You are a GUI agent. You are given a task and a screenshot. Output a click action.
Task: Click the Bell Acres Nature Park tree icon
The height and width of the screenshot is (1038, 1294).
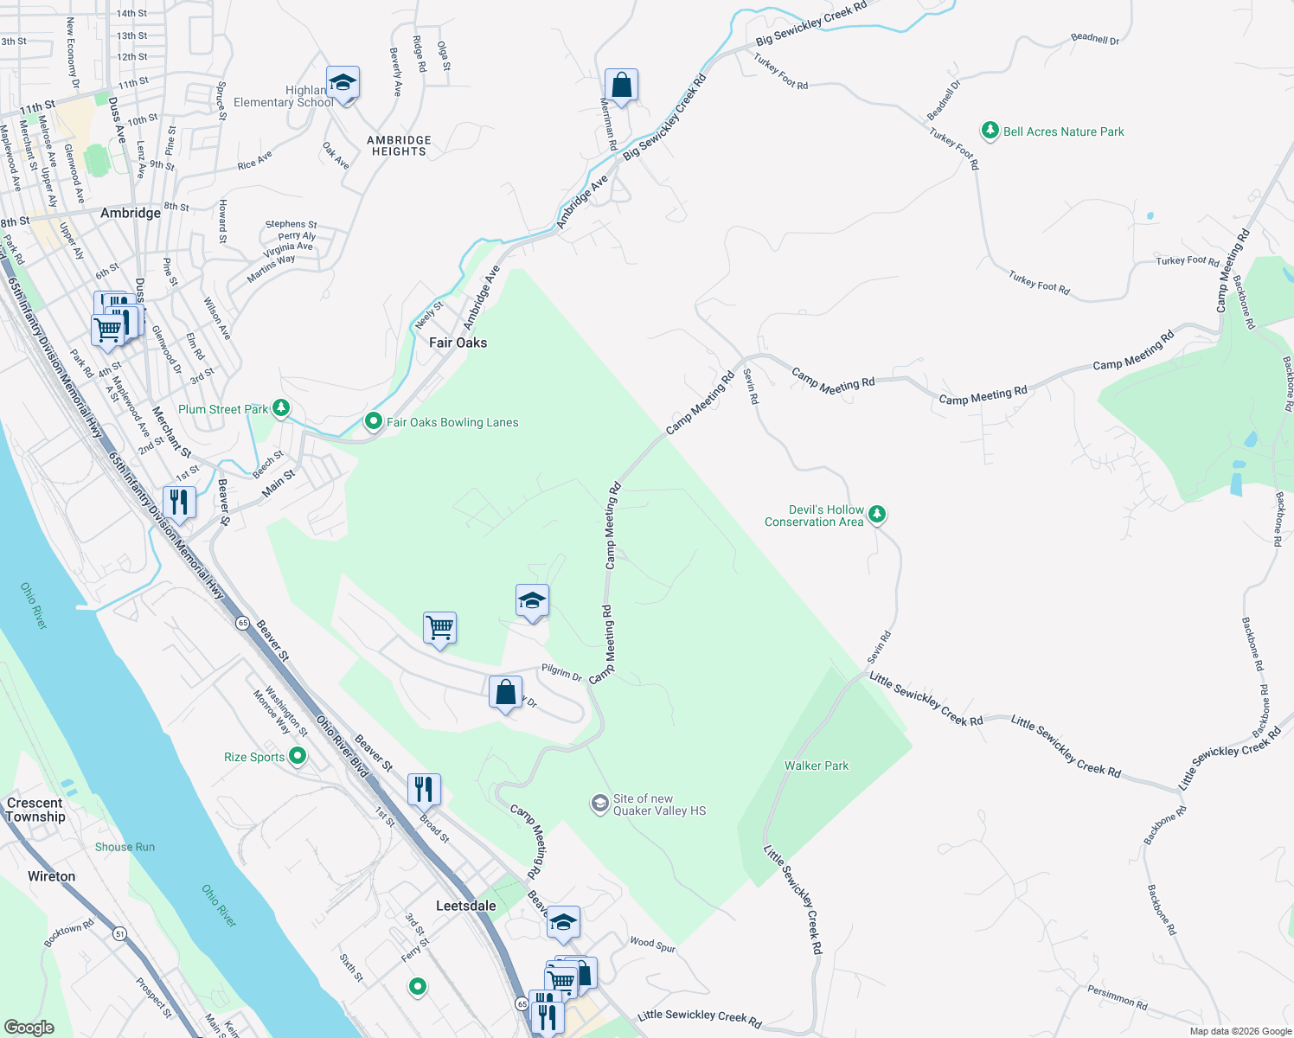pos(990,131)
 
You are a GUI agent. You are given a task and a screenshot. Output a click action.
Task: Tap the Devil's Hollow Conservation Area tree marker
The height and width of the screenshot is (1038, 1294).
pos(877,515)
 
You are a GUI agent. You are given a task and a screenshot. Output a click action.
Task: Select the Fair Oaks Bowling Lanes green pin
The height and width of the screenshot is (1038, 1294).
pos(373,421)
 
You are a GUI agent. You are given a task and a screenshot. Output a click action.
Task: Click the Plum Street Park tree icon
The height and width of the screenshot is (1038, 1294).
pos(280,407)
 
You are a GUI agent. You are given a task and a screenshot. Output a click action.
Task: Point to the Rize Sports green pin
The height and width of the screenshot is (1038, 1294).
pos(298,756)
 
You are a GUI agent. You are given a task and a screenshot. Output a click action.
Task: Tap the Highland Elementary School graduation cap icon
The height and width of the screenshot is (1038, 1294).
pos(343,83)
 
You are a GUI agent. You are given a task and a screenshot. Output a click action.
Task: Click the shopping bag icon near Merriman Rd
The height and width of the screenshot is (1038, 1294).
pos(621,85)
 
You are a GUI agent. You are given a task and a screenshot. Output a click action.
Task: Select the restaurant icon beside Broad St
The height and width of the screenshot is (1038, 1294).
pos(423,789)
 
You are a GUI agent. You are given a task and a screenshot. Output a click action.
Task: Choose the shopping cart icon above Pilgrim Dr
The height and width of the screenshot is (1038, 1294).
pos(439,627)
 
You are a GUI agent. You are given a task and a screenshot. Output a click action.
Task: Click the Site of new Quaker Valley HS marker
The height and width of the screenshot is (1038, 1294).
pos(599,804)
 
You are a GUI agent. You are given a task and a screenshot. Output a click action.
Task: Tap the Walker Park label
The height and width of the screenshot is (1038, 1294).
pos(816,766)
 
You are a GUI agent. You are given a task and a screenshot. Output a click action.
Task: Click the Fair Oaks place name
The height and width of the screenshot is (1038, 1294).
pos(458,343)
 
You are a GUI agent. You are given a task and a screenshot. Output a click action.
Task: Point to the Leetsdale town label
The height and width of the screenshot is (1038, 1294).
pos(465,906)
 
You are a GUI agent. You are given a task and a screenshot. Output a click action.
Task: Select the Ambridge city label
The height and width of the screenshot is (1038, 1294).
pos(131,213)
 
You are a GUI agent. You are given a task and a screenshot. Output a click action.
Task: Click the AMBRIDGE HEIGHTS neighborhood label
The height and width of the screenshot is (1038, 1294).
pos(399,145)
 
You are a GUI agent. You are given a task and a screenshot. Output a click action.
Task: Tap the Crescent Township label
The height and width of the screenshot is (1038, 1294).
pos(35,810)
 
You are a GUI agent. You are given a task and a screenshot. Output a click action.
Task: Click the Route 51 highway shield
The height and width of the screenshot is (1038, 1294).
pos(119,933)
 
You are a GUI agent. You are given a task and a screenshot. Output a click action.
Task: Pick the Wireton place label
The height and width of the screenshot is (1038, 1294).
pos(51,876)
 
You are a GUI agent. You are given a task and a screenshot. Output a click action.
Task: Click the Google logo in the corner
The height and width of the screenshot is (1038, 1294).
pos(29,1027)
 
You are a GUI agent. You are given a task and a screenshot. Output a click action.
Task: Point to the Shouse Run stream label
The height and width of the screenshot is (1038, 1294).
pos(125,847)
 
